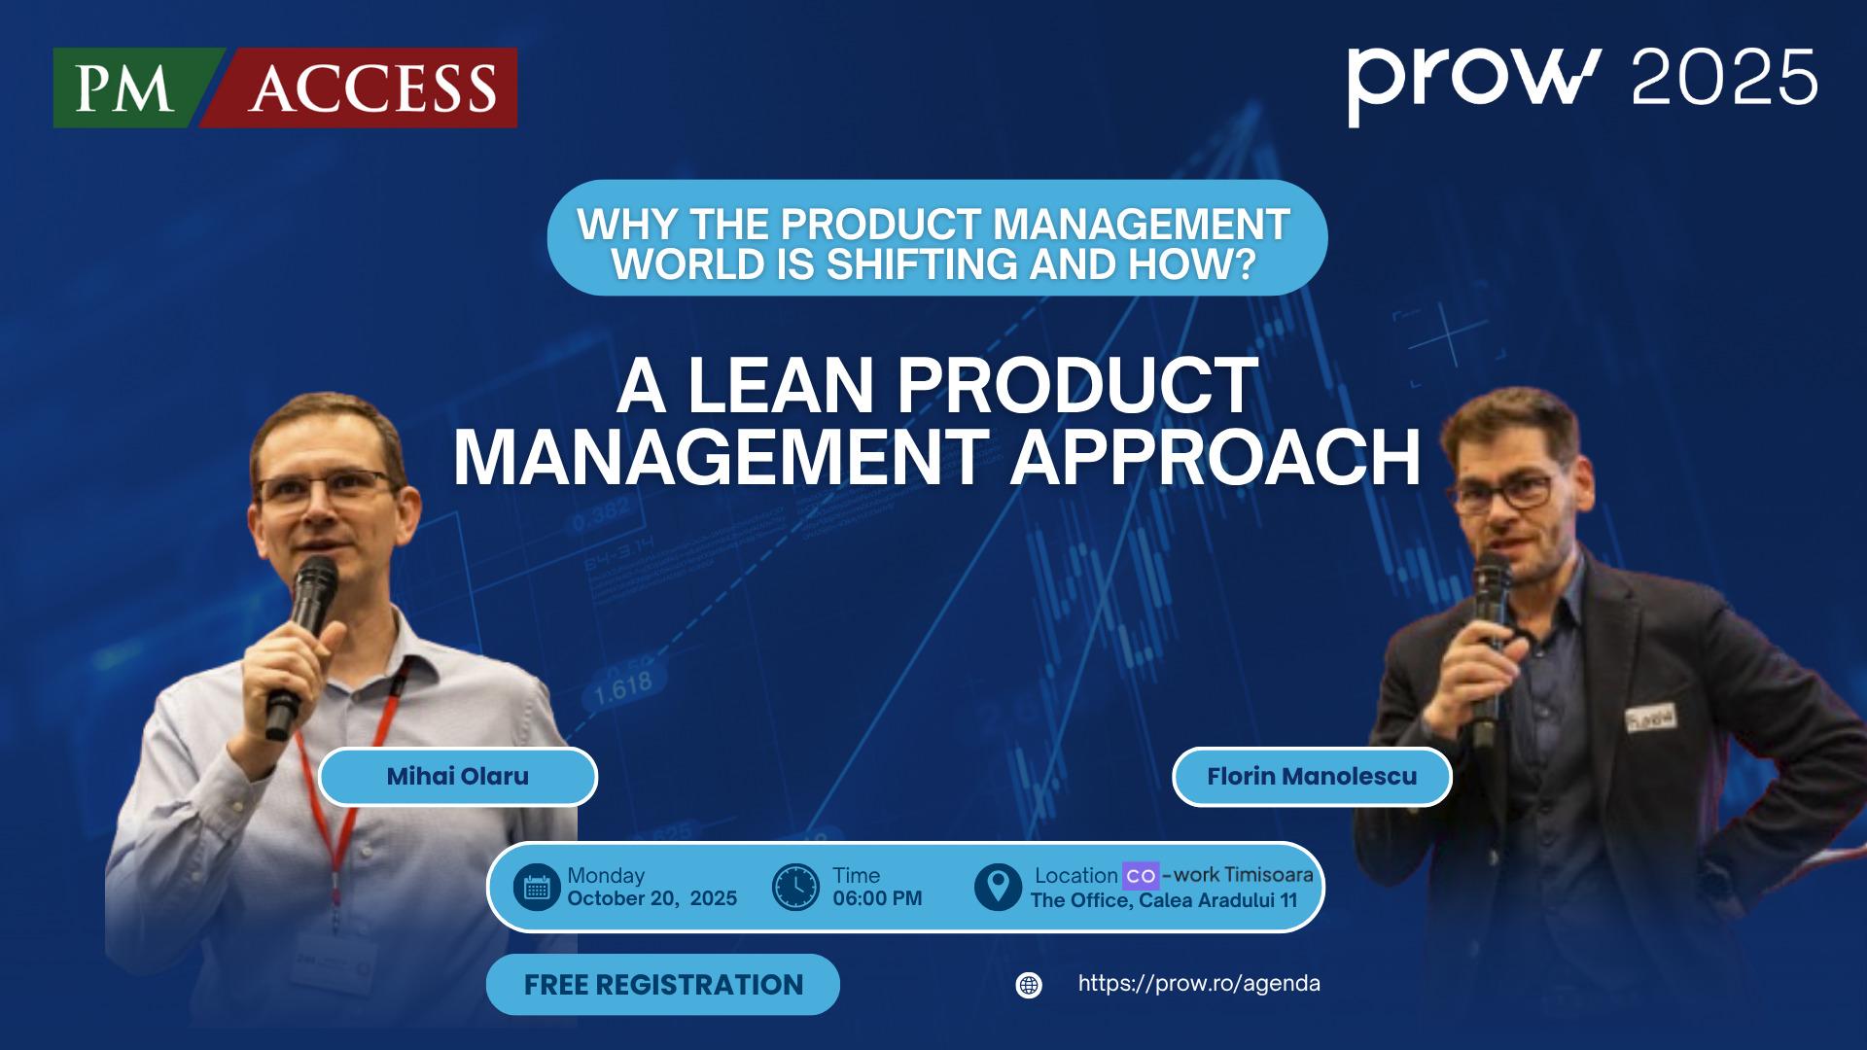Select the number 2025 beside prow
coord(1723,78)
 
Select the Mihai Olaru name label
coord(457,776)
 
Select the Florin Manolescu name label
coord(1311,776)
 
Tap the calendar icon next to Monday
coord(537,887)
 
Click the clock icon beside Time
coord(795,887)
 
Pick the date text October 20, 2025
coord(652,898)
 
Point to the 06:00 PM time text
coord(877,898)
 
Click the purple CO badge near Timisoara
coord(1140,875)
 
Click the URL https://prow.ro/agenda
coord(1198,983)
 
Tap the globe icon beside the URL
coord(1028,985)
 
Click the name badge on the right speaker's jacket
coord(1650,717)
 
